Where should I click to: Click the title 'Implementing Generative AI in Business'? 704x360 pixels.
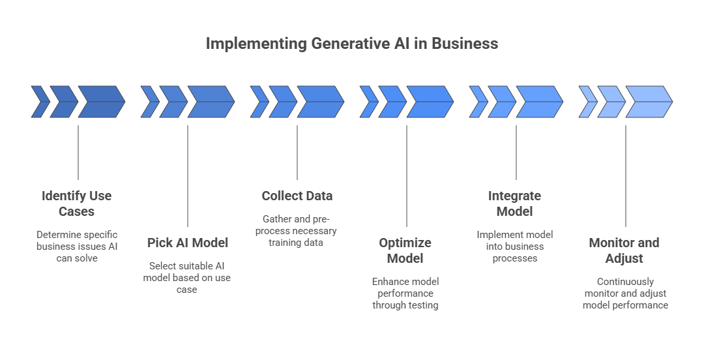pos(352,44)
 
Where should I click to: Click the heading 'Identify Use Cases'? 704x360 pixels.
pos(77,203)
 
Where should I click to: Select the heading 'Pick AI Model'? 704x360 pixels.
pos(188,243)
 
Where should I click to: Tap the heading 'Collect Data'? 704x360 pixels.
pos(297,196)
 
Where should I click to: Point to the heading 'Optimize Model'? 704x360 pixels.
pos(405,250)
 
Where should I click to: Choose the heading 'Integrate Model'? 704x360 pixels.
pos(515,203)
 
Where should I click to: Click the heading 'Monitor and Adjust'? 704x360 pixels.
pos(624,250)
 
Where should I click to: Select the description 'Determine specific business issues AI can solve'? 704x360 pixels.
pos(77,247)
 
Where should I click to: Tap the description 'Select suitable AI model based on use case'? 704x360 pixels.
pos(188,277)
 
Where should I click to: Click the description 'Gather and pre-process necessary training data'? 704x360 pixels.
pos(297,231)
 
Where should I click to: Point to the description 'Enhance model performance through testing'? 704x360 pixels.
pos(405,293)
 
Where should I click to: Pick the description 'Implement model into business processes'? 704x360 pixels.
pos(515,247)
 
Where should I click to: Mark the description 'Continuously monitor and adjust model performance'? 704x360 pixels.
pos(625,293)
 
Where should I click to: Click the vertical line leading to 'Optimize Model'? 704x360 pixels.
pos(407,176)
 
